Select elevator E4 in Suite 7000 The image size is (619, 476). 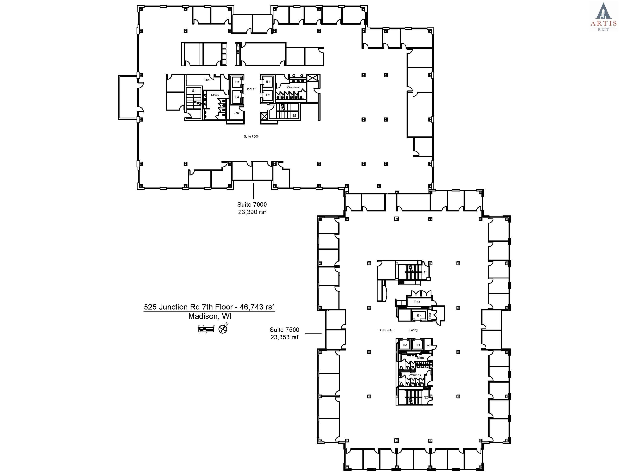pyautogui.click(x=237, y=97)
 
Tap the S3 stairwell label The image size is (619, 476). pyautogui.click(x=295, y=116)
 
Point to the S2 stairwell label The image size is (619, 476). pyautogui.click(x=426, y=397)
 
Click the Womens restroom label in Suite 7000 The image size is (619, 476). pyautogui.click(x=293, y=87)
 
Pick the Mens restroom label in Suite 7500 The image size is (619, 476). pyautogui.click(x=420, y=358)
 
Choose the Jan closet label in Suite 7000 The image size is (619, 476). pyautogui.click(x=236, y=113)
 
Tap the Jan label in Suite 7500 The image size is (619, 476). pyautogui.click(x=428, y=345)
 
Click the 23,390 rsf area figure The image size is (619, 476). pyautogui.click(x=252, y=212)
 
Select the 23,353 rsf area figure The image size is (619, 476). pyautogui.click(x=285, y=337)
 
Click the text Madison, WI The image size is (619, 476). pyautogui.click(x=210, y=316)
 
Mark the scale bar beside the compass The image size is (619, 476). pyautogui.click(x=206, y=329)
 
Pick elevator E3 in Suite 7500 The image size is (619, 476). pyautogui.click(x=419, y=315)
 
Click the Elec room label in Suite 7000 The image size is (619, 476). pyautogui.click(x=206, y=80)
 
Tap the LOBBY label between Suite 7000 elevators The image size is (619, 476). pyautogui.click(x=251, y=89)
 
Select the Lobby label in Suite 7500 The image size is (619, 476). pyautogui.click(x=413, y=330)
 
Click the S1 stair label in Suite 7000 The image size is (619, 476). pyautogui.click(x=194, y=91)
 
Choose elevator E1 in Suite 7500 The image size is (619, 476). pyautogui.click(x=418, y=345)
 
